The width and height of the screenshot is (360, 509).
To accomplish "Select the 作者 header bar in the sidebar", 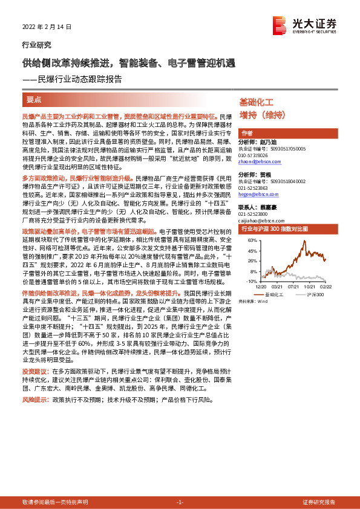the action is pyautogui.click(x=247, y=133).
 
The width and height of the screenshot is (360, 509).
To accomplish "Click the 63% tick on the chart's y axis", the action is pyautogui.click(x=252, y=240).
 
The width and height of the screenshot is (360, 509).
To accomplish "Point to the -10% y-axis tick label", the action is pyautogui.click(x=252, y=281).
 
